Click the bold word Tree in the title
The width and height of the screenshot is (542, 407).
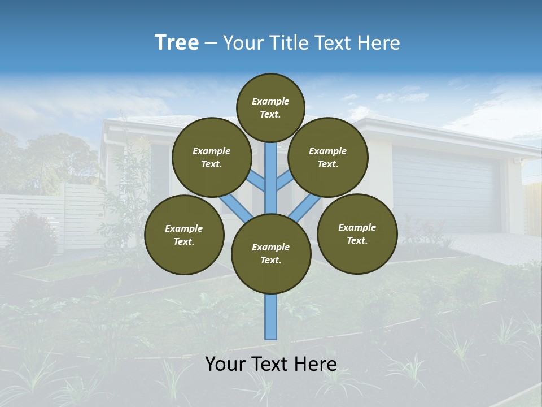(177, 43)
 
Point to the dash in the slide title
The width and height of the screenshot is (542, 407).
(211, 44)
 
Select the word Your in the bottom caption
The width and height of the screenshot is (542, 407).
(225, 363)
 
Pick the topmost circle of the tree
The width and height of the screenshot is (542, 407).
(270, 107)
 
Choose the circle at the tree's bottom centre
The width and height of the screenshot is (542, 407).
(271, 254)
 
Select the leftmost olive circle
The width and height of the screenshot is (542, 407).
(184, 235)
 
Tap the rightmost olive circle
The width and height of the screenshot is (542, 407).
(357, 233)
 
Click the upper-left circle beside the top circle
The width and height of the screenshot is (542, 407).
(212, 157)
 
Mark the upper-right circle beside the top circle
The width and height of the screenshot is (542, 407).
(328, 157)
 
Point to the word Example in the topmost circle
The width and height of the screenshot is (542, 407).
(270, 101)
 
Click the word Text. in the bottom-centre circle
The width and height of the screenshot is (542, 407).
(270, 261)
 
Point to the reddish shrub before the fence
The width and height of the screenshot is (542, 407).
(31, 232)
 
